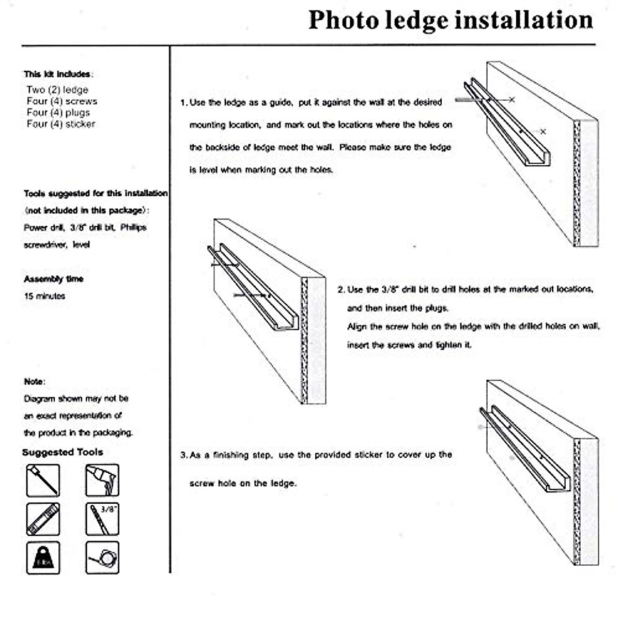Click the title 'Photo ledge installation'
[x=451, y=21]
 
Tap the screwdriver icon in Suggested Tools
[x=43, y=481]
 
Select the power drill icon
[x=102, y=481]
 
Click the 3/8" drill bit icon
[x=102, y=519]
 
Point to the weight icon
[x=43, y=558]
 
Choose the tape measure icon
[x=102, y=558]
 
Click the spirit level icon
[x=43, y=519]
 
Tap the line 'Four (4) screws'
[x=61, y=101]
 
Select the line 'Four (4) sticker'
[x=60, y=124]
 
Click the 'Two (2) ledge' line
[x=57, y=90]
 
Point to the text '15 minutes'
[x=44, y=297]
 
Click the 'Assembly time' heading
[x=53, y=279]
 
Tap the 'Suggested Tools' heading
[x=63, y=453]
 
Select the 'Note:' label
[x=34, y=382]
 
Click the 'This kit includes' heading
[x=57, y=74]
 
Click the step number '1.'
[x=183, y=103]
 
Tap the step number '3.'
[x=183, y=455]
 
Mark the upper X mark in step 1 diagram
[x=512, y=99]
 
